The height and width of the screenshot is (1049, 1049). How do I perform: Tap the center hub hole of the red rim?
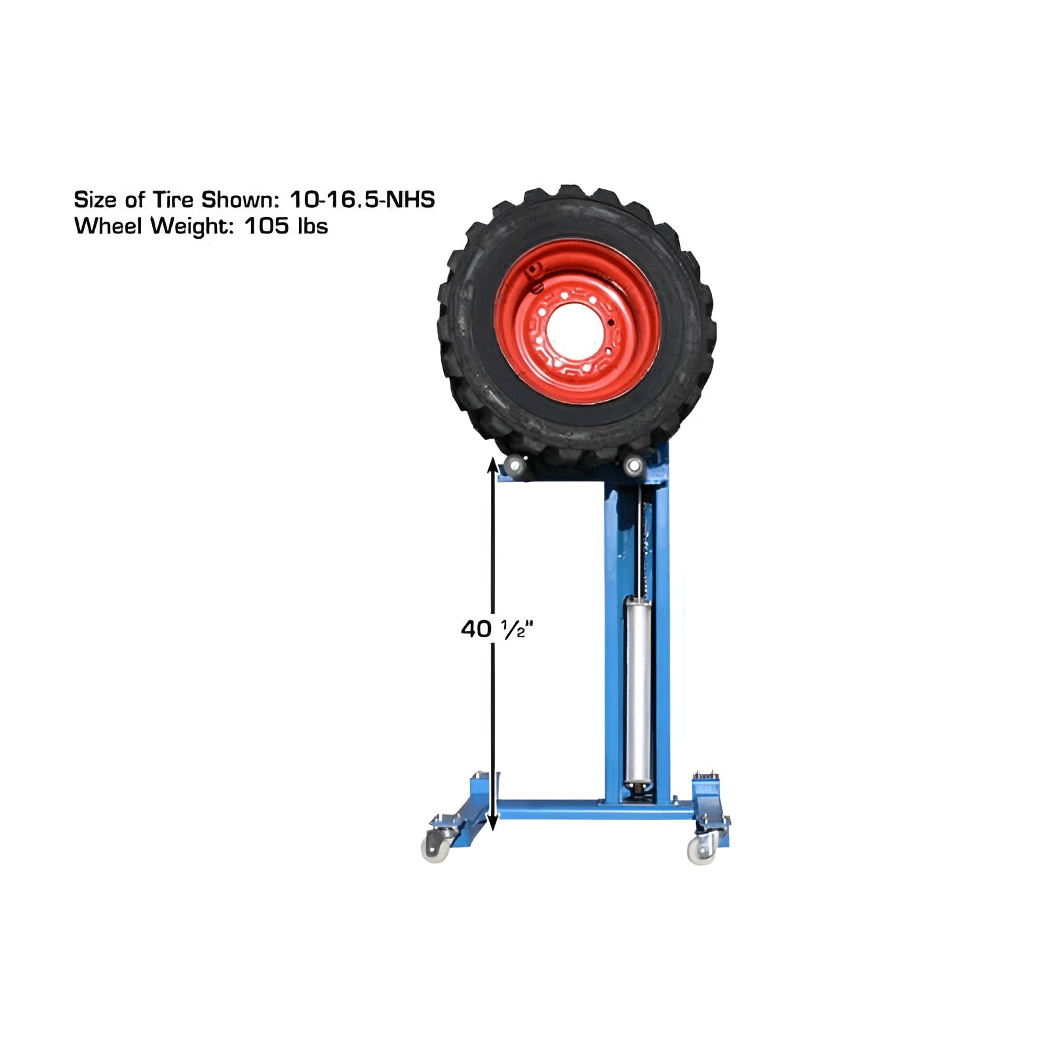tap(575, 331)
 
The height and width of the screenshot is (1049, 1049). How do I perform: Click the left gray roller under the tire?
tap(513, 467)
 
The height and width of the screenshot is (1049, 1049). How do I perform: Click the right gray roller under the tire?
tap(633, 466)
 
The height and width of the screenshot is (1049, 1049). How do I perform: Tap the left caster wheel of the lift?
tap(435, 849)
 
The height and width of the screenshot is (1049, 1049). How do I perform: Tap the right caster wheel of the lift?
tap(700, 851)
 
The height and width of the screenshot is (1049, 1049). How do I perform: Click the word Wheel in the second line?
tap(109, 226)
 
